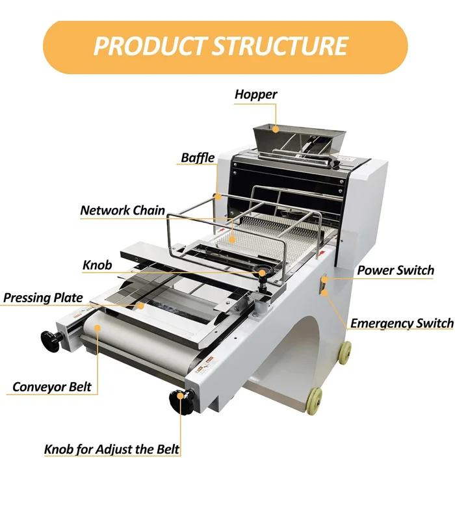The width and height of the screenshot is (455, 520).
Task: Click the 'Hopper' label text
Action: (x=255, y=95)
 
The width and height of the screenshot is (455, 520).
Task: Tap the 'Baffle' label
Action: (x=198, y=158)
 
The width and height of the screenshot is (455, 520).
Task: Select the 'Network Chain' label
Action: (x=122, y=211)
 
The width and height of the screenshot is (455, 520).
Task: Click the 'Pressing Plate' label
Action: (x=43, y=298)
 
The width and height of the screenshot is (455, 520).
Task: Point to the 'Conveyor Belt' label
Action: (x=52, y=387)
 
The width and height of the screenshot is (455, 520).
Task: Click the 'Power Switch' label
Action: (x=395, y=270)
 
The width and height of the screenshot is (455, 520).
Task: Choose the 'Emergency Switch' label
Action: (x=402, y=323)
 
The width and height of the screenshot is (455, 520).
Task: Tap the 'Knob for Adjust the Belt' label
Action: (x=111, y=449)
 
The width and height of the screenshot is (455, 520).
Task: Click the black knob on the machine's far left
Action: (x=51, y=339)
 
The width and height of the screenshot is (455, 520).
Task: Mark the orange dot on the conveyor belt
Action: (x=97, y=328)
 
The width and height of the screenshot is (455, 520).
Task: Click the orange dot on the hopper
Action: (x=276, y=129)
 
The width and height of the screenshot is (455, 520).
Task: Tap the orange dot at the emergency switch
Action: (x=324, y=292)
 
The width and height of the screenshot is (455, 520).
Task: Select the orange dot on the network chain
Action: (x=230, y=240)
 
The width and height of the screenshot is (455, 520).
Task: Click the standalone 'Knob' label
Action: (x=97, y=265)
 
